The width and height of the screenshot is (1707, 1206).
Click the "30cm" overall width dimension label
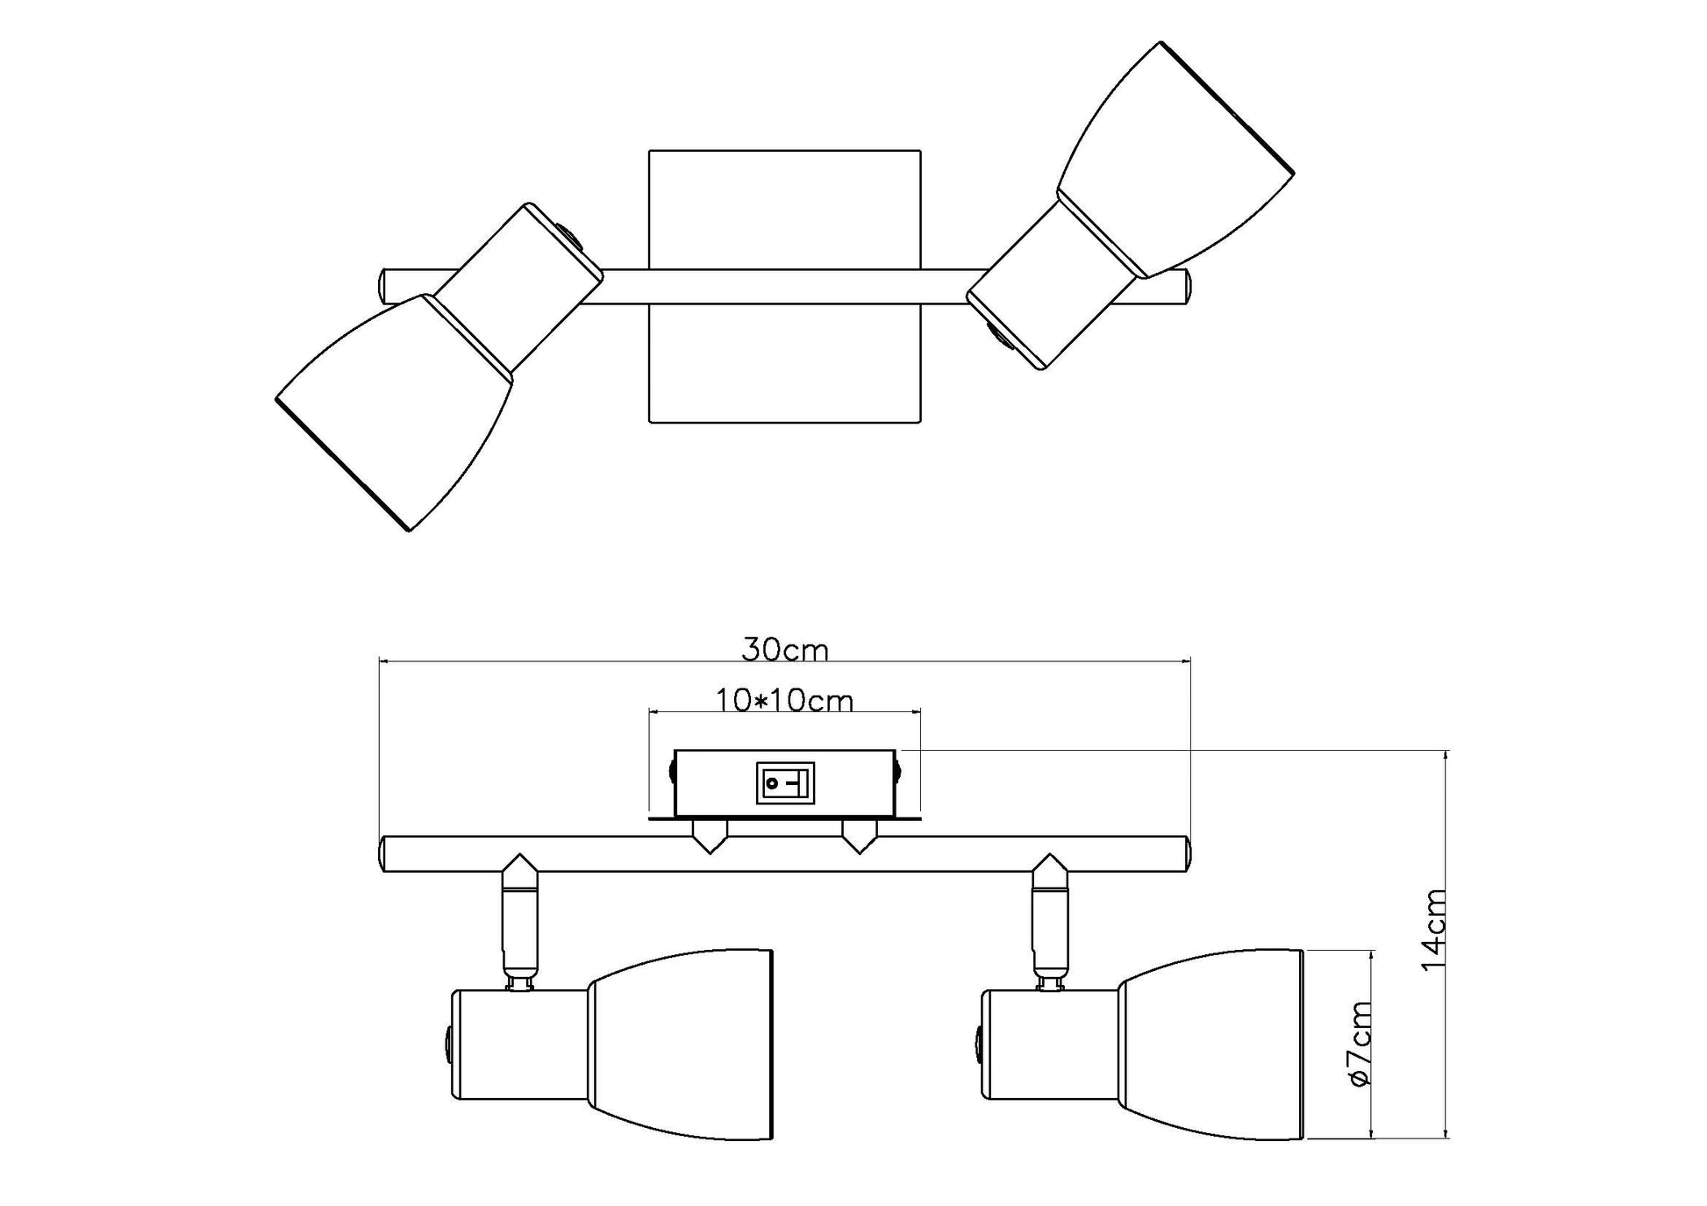tap(784, 650)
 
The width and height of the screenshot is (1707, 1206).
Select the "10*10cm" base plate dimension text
tap(784, 701)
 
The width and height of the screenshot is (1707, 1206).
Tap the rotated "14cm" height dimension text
tap(1433, 930)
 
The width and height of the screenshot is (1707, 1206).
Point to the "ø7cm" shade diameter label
tap(1360, 1044)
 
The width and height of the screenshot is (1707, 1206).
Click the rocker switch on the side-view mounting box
tap(785, 782)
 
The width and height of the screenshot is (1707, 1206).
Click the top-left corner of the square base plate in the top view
tap(649, 150)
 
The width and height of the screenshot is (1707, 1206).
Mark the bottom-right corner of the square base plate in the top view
tap(920, 423)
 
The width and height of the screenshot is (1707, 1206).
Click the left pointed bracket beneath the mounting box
tap(710, 837)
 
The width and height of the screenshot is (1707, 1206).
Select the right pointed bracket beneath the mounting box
tap(859, 837)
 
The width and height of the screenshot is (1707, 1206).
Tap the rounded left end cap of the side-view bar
tap(383, 854)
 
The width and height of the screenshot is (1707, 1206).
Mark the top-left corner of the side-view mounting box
tap(674, 750)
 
